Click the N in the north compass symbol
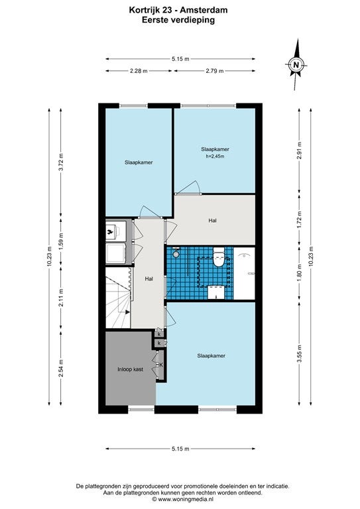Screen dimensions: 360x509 [x=296, y=64]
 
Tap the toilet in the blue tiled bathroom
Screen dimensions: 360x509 [x=219, y=256]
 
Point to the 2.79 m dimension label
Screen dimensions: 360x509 [x=215, y=71]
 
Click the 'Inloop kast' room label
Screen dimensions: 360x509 [x=130, y=369]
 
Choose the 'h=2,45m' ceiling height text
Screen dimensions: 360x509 [x=215, y=156]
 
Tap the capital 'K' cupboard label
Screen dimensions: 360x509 [x=160, y=365]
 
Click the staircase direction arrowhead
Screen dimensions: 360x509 [x=127, y=312]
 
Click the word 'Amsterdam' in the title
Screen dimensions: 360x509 [x=206, y=10]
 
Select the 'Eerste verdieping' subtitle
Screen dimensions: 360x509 [x=178, y=20]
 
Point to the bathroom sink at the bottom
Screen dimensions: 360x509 [x=216, y=292]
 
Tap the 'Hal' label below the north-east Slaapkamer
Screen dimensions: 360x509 [x=213, y=221]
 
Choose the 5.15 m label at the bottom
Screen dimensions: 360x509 [x=180, y=449]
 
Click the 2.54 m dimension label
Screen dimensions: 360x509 [x=61, y=368]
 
